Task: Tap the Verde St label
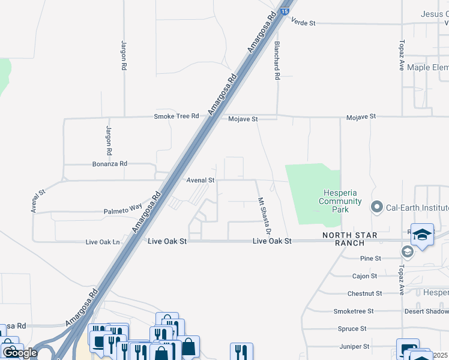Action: coord(303,22)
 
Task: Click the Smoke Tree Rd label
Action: coord(176,116)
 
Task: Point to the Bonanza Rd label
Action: coord(110,163)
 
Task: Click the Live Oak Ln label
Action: coord(103,242)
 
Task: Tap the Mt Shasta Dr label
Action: coord(265,216)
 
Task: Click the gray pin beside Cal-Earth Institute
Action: coord(377,208)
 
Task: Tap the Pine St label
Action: coord(371,259)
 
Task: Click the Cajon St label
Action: coord(365,276)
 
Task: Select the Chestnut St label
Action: coord(364,293)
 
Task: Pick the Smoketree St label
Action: coord(354,311)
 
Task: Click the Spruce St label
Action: coord(352,329)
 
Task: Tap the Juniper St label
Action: coord(354,346)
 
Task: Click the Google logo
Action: coord(20,353)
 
